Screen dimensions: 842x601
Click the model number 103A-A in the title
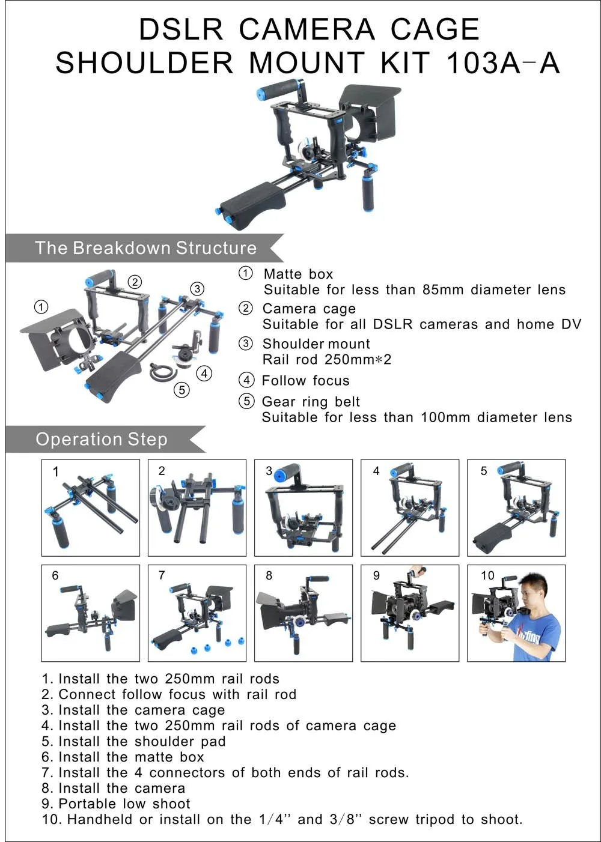[x=503, y=63]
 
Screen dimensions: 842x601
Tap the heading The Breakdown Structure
[x=145, y=248]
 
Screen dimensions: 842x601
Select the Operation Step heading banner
[x=102, y=439]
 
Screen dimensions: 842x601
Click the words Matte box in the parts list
[x=298, y=274]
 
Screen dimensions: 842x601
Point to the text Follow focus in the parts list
[x=305, y=380]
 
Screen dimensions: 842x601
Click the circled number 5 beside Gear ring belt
[x=246, y=401]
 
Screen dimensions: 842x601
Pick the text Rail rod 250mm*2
[x=326, y=360]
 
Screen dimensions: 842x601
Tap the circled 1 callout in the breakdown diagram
[x=41, y=307]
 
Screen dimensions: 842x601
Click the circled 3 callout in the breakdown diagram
[x=197, y=288]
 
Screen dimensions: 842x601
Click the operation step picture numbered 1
[x=90, y=507]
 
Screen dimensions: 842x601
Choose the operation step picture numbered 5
[x=516, y=507]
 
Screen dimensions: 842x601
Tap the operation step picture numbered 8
[x=304, y=613]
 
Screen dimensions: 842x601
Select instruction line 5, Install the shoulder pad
[x=133, y=741]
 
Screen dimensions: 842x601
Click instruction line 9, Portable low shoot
[x=116, y=804]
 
